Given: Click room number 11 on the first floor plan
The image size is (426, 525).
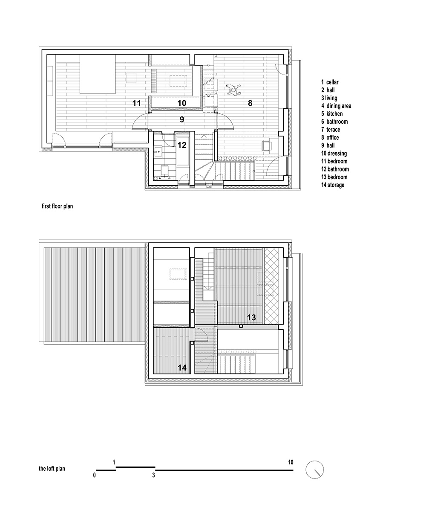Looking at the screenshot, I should (136, 103).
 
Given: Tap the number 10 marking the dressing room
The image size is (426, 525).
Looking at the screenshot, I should (181, 103).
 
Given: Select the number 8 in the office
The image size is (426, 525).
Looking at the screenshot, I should (250, 103).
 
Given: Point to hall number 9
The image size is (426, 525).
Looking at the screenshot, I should (181, 120).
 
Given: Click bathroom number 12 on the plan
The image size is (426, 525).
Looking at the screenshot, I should (182, 145).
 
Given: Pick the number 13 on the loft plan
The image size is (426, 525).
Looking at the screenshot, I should (251, 317).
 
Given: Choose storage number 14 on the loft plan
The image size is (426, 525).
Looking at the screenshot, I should (182, 367).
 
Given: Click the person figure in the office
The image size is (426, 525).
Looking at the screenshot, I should (233, 89).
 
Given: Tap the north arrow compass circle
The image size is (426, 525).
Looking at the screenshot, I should (315, 471).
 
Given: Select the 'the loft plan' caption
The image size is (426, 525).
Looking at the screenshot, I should (52, 468).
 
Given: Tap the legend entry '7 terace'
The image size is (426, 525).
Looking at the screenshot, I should (331, 130).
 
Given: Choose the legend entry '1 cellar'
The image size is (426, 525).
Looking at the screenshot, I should (330, 82).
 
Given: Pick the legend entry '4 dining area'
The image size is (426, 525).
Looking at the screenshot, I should (336, 106).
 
